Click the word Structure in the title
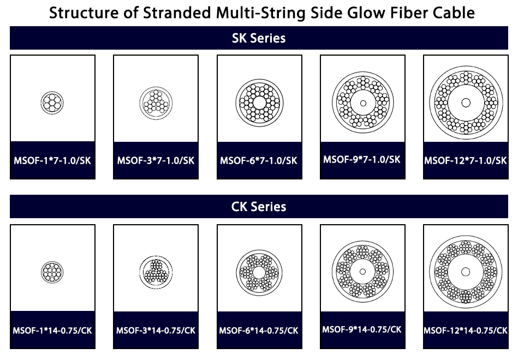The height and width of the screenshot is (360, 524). (x=84, y=13)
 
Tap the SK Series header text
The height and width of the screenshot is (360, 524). (x=259, y=38)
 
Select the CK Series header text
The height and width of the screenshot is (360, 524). (x=259, y=207)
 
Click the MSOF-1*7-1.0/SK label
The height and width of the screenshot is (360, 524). (x=52, y=160)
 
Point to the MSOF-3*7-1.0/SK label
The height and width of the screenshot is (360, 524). (x=156, y=160)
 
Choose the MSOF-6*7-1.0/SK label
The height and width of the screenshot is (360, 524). (x=259, y=160)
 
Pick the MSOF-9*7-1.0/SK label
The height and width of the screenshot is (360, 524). (x=362, y=159)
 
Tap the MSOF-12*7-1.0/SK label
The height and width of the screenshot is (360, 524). (x=466, y=160)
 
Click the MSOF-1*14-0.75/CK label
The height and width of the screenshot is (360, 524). (x=52, y=331)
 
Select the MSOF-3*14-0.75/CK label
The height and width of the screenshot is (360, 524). (x=156, y=331)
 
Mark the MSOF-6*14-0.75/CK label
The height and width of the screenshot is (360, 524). (x=259, y=331)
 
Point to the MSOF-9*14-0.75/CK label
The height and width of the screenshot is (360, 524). (x=362, y=329)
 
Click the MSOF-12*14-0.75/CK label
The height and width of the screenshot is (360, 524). (x=466, y=331)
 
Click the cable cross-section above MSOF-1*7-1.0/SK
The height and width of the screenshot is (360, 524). (x=52, y=103)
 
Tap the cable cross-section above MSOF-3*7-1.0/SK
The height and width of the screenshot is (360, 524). (x=156, y=103)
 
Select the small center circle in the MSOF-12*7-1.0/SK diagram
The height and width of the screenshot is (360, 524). (x=466, y=103)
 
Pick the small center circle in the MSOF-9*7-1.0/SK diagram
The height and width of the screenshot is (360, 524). (x=363, y=103)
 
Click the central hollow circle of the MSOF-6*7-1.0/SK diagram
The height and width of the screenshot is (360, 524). (x=259, y=103)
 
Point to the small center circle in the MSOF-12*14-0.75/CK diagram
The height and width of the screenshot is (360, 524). (x=466, y=272)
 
